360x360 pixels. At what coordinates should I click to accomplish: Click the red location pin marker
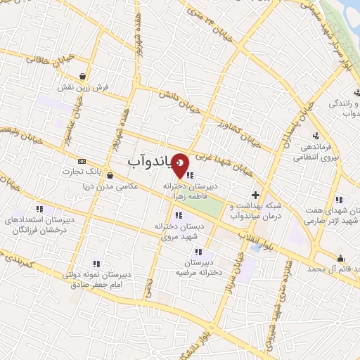[x=181, y=165]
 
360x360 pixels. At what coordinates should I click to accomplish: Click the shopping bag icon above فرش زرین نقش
[x=84, y=76]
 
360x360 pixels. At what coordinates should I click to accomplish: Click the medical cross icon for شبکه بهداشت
[x=255, y=194]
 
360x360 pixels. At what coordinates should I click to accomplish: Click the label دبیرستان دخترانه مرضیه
[x=197, y=266]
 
